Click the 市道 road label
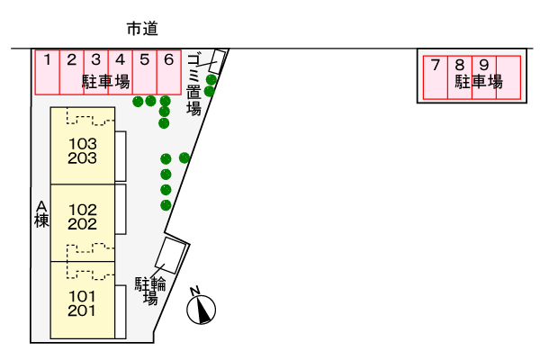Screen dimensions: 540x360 [x=142, y=29]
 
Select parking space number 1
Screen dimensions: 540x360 [x=48, y=72]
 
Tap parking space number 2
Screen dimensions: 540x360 [x=72, y=72]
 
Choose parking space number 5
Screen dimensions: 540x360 [x=145, y=72]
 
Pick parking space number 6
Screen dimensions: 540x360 [x=169, y=72]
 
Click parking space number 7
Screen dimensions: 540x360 [x=436, y=77]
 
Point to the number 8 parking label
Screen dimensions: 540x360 [x=459, y=65]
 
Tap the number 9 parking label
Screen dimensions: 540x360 [x=484, y=65]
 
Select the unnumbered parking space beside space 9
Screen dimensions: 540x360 [x=508, y=77]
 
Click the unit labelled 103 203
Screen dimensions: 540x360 [x=83, y=146]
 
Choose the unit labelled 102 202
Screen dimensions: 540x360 [x=83, y=223]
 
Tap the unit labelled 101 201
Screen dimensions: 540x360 [x=83, y=300]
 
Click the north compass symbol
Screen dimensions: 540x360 [x=201, y=309]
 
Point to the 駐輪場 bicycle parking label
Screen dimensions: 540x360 [x=150, y=291]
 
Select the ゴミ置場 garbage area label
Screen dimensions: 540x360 [x=193, y=85]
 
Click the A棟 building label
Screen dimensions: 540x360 [x=41, y=214]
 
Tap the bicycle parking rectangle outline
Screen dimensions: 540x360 [x=172, y=256]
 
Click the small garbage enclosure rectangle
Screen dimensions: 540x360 [x=217, y=62]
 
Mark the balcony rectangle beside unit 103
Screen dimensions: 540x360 [x=121, y=156]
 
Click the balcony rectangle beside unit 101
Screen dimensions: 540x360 [x=121, y=311]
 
